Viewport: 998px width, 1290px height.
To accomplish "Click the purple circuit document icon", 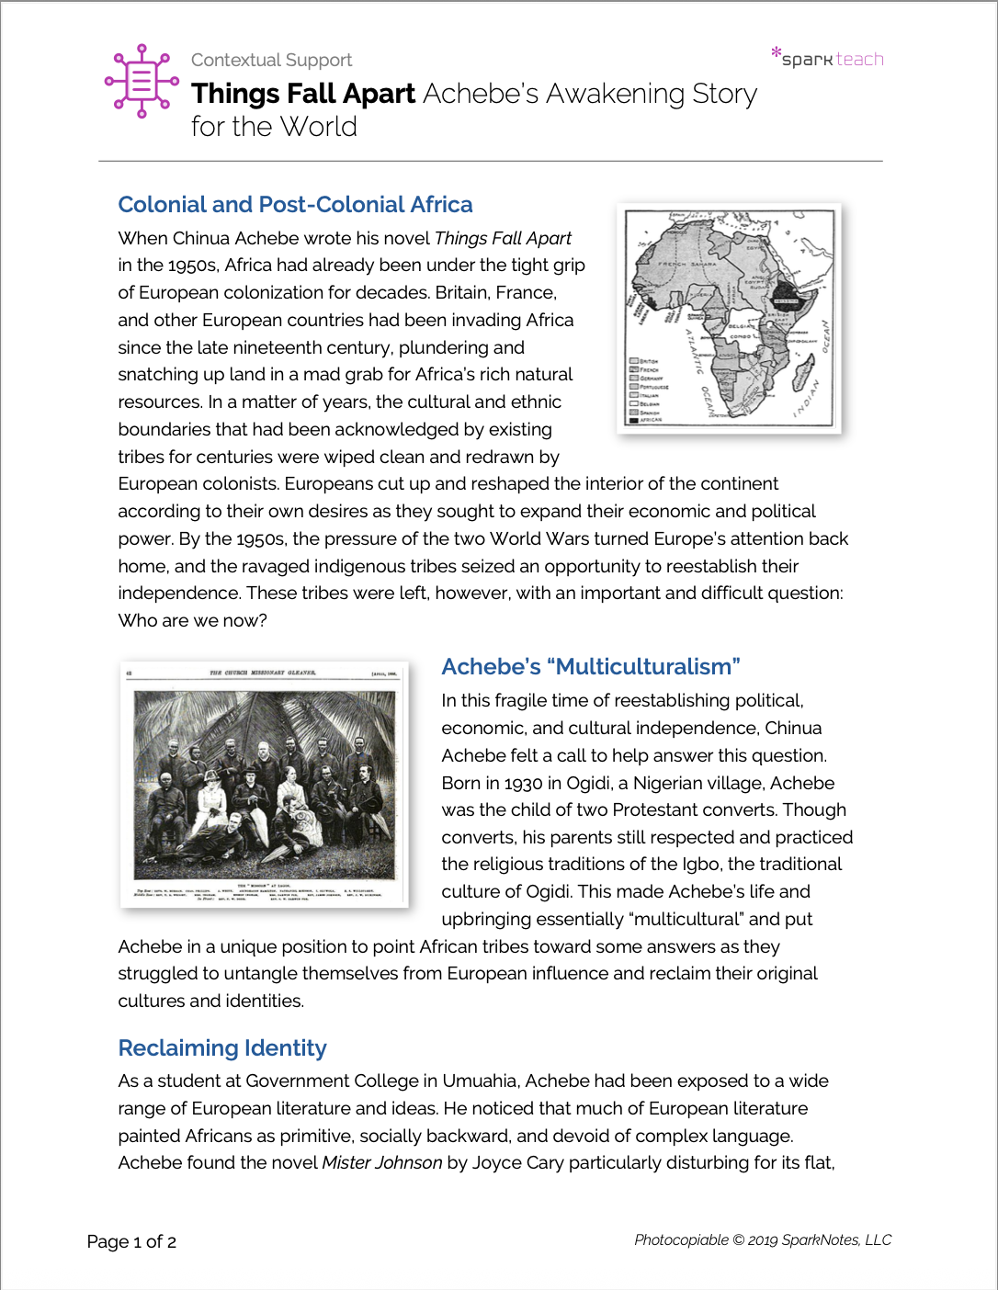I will [x=142, y=81].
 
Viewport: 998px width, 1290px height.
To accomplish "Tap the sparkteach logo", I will [x=828, y=58].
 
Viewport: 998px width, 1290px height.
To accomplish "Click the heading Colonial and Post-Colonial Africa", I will [x=295, y=204].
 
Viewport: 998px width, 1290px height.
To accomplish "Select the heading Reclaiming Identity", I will [x=222, y=1047].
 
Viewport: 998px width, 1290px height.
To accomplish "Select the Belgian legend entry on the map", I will [x=644, y=404].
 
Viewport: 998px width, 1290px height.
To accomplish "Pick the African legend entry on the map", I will [x=644, y=420].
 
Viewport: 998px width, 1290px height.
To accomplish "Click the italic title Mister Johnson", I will [x=381, y=1162].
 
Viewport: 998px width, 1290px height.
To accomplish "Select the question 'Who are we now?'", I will [x=192, y=620].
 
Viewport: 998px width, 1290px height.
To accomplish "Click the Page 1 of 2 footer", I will [x=131, y=1241].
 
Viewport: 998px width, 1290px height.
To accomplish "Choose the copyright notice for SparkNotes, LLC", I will [x=763, y=1239].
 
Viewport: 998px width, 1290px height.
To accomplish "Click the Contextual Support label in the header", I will [x=271, y=60].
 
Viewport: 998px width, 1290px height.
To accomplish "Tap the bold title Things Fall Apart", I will [x=303, y=94].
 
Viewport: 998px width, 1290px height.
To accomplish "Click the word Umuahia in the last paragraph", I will [x=479, y=1081].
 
